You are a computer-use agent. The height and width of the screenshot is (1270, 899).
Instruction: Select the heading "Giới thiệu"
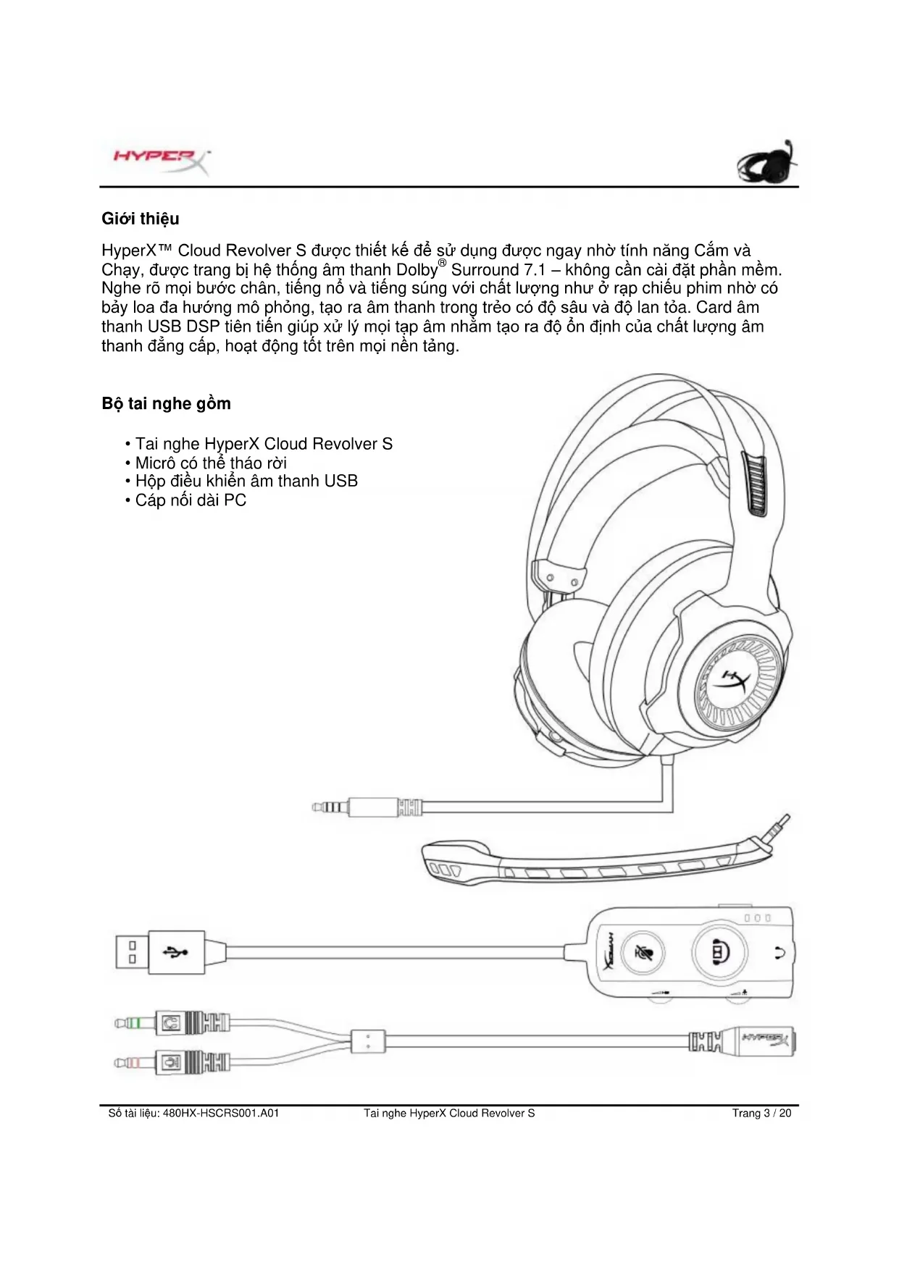140,219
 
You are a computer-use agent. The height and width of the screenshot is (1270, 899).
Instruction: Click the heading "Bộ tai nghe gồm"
166,404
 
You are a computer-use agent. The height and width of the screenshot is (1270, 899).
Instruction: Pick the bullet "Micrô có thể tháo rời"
210,463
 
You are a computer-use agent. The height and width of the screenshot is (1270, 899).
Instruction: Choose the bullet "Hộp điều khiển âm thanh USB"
246,481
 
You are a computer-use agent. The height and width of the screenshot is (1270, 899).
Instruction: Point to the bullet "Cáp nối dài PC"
190,500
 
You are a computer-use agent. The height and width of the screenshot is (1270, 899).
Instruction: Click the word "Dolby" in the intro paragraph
417,270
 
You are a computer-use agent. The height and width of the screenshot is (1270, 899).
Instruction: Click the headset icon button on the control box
719,951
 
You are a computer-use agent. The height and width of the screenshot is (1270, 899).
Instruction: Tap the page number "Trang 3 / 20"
761,1113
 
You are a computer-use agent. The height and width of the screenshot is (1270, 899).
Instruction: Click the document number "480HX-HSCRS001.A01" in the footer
221,1113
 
